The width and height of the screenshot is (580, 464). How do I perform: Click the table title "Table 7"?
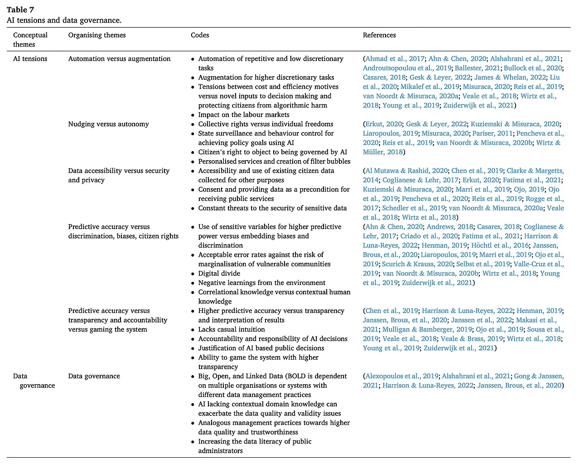click(x=20, y=10)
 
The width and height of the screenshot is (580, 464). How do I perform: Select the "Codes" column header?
click(x=200, y=35)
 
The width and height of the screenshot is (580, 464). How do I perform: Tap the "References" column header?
click(x=379, y=35)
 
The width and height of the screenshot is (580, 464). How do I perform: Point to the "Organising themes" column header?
click(x=97, y=35)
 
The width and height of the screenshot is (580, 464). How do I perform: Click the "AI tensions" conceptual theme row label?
click(x=30, y=59)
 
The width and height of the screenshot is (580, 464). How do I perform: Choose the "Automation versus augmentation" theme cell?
click(x=119, y=59)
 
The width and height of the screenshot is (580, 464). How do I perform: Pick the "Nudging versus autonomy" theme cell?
click(x=109, y=124)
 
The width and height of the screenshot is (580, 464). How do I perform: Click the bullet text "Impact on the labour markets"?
click(x=244, y=115)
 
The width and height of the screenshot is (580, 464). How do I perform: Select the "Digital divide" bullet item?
click(x=219, y=273)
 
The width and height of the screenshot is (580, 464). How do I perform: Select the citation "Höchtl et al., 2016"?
click(x=500, y=245)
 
